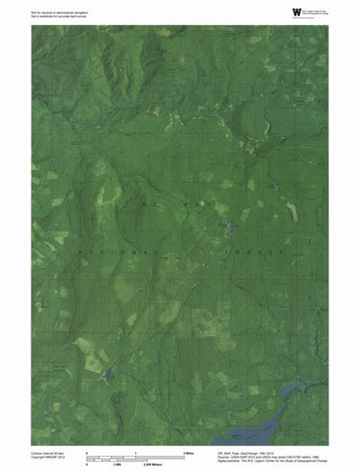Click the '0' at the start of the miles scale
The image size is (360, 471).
point(85,451)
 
